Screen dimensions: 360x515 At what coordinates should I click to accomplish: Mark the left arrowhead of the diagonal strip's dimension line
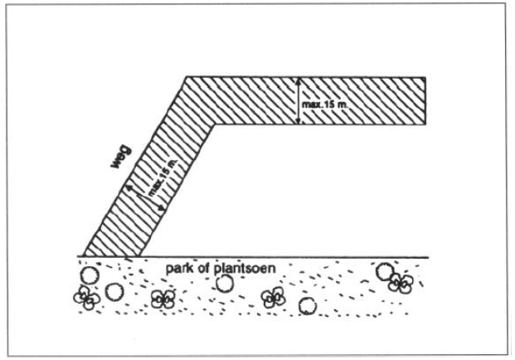tap(128, 189)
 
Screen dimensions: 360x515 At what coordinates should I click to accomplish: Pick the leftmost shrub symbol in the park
tap(84, 298)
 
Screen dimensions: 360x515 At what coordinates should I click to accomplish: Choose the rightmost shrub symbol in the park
tap(401, 285)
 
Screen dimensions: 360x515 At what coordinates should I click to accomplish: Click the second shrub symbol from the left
tap(162, 299)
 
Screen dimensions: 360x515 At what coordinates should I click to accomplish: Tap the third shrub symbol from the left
tap(273, 299)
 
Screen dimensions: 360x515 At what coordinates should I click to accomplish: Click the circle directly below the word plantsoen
tap(223, 284)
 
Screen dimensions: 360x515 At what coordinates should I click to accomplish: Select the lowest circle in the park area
tap(308, 307)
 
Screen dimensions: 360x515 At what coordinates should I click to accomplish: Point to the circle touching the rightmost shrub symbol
tap(385, 272)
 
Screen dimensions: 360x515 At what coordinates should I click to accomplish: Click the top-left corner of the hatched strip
tap(186, 77)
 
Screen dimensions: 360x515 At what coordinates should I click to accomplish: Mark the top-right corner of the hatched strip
tap(427, 77)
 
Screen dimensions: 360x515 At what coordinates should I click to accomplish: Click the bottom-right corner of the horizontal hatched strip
tap(427, 126)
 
